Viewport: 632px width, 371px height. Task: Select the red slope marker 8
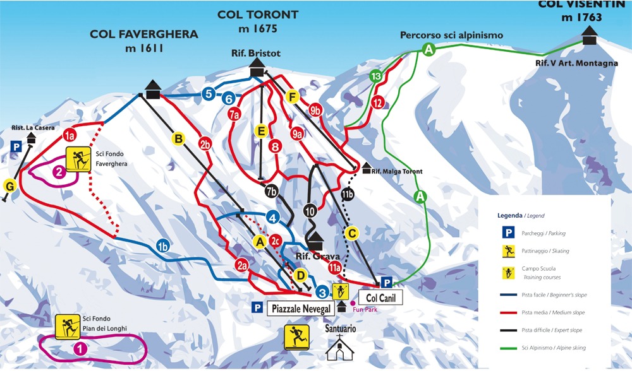click(x=274, y=146)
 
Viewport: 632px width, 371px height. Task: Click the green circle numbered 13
click(x=376, y=76)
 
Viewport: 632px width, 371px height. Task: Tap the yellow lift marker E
click(x=261, y=131)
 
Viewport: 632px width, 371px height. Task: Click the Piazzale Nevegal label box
click(x=300, y=309)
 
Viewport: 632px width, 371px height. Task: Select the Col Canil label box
click(x=380, y=297)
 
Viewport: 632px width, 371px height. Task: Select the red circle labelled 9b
click(x=316, y=110)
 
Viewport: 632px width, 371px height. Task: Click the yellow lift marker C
click(x=353, y=233)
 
